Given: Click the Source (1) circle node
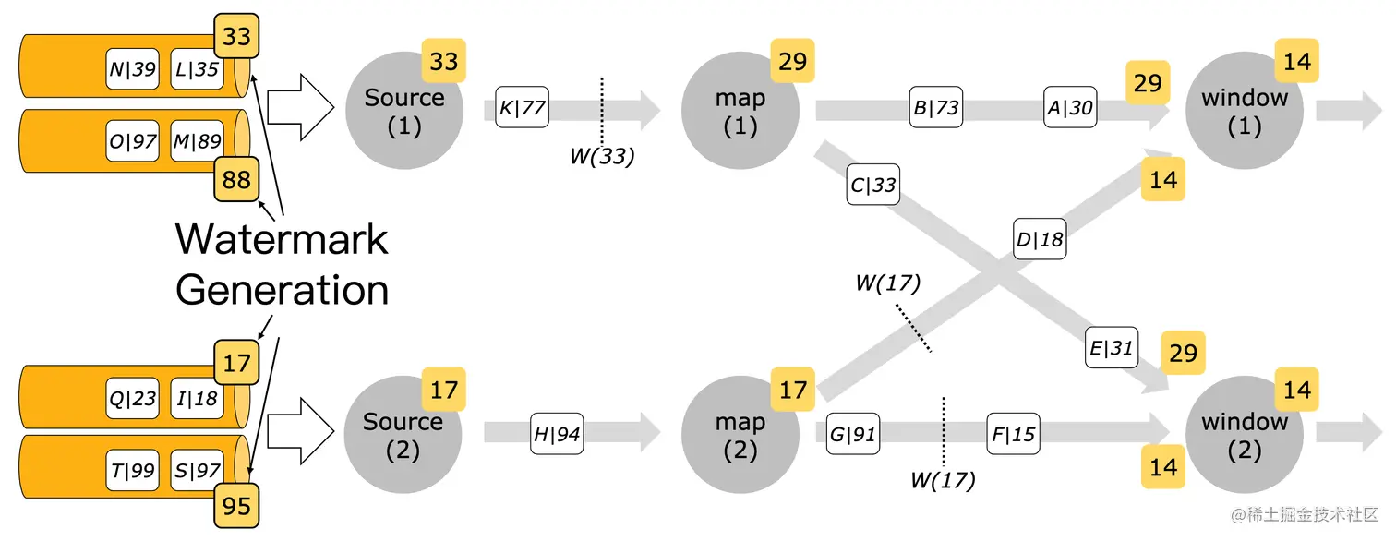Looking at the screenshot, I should (x=403, y=111).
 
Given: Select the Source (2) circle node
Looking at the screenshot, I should (x=403, y=435).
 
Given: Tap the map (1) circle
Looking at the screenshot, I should (x=740, y=111).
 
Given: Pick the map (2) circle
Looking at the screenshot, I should (x=740, y=435).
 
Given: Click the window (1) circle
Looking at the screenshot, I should (x=1244, y=111).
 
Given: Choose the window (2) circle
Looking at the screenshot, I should (x=1244, y=435).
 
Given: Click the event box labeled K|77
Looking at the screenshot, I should (x=522, y=108).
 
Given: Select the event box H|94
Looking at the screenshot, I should (x=557, y=433).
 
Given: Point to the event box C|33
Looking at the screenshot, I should (x=872, y=185).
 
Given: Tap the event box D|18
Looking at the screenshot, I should (x=1039, y=240).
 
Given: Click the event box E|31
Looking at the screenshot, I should (x=1111, y=348).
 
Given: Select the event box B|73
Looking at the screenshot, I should (x=935, y=108).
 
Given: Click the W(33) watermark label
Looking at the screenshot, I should (x=602, y=157).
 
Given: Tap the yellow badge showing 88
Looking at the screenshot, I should (x=237, y=179).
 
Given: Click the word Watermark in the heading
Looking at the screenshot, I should (x=282, y=239).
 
